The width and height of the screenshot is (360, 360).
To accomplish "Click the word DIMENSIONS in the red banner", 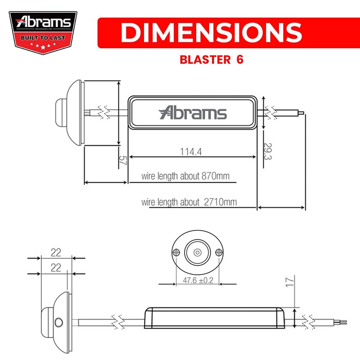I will tap(211, 32).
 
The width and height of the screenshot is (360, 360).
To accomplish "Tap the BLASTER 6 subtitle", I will tap(211, 60).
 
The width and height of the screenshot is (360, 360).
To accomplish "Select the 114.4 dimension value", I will tap(190, 152).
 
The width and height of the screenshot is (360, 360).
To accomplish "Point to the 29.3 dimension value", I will tap(267, 152).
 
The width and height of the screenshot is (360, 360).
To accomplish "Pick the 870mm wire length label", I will tap(185, 176).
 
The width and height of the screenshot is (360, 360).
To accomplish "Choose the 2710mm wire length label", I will tap(189, 202).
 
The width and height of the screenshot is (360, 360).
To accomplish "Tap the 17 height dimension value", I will tap(291, 282).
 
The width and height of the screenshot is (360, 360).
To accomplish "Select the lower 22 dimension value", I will tap(56, 268).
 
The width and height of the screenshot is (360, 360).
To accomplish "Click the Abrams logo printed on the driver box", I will tap(193, 112).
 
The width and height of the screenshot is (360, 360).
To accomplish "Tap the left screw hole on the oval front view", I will tap(177, 252).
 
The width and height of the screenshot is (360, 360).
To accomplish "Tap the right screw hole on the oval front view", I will tap(218, 252).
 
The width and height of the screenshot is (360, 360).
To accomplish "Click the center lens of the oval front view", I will tap(198, 252).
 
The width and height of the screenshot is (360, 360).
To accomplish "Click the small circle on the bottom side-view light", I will tap(58, 322).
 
